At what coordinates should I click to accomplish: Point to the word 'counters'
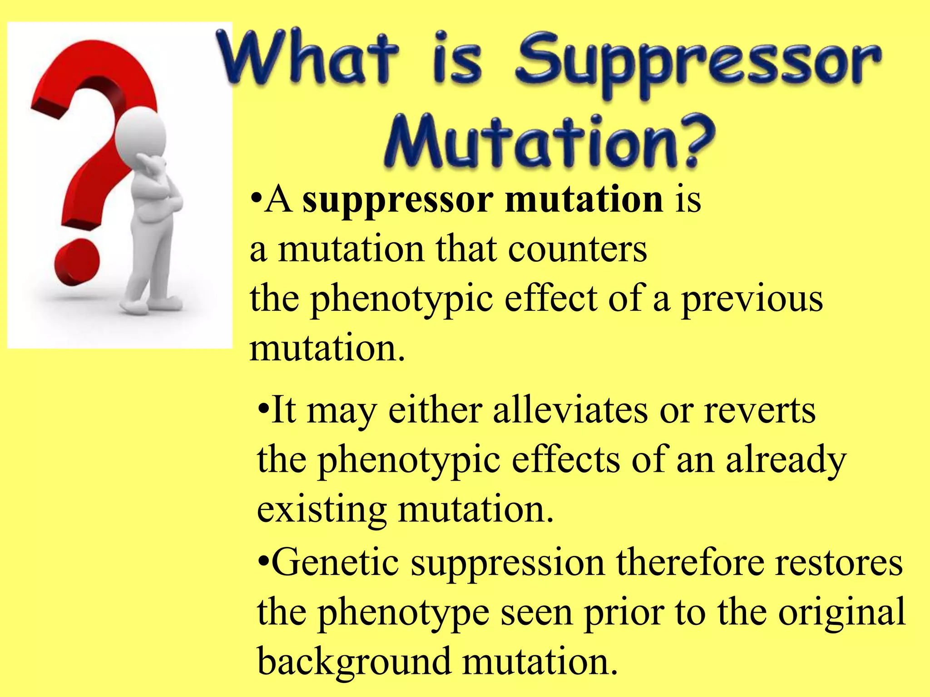coord(577,249)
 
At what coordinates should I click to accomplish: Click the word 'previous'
coord(752,299)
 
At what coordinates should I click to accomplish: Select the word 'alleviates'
coord(570,410)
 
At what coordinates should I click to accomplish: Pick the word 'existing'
coord(322,509)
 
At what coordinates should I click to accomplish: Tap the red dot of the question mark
coord(76,265)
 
